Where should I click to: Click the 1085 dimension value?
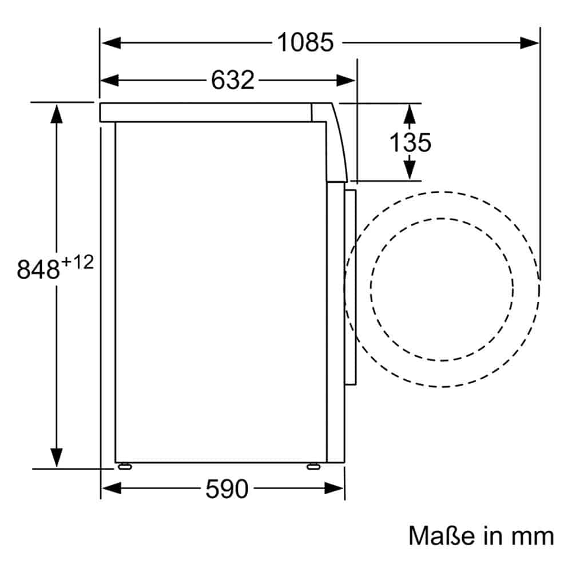[305, 42]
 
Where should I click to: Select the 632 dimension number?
[233, 80]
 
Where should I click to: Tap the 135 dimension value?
[410, 142]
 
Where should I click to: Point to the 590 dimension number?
[227, 489]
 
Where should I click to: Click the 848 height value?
[38, 269]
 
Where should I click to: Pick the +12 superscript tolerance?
[77, 263]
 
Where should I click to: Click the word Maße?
[442, 536]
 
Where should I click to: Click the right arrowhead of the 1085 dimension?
[529, 43]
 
